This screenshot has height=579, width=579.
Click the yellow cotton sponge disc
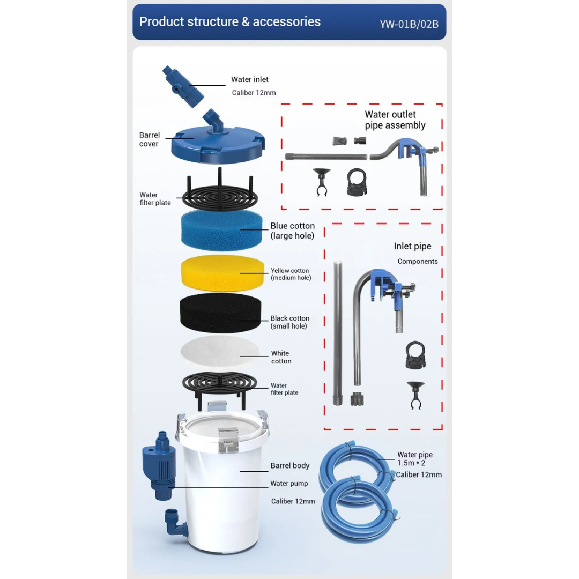222,273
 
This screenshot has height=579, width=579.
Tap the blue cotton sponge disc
221,231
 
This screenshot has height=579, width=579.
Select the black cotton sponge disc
220,313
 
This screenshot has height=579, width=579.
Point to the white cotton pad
220,352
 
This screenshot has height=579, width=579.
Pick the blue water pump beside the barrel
159,465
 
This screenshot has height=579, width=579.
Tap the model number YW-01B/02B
409,24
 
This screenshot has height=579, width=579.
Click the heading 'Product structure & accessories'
229,22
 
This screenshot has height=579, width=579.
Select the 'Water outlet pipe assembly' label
395,120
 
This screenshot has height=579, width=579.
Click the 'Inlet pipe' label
412,246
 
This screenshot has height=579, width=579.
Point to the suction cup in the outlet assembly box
322,182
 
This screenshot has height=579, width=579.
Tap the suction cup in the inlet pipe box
416,396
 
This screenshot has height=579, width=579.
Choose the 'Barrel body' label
290,466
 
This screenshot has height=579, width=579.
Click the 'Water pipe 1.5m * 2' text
414,458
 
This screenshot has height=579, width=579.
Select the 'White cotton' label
281,357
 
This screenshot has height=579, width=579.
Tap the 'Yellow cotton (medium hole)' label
291,274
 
